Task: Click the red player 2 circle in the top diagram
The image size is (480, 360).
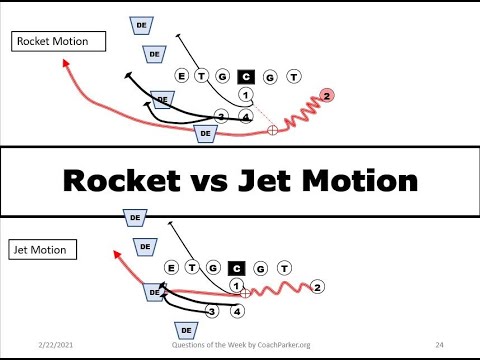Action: [328, 95]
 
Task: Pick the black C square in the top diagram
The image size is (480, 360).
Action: [246, 75]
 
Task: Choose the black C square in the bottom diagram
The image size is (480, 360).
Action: [237, 267]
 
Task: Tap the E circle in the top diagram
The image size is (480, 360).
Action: [181, 75]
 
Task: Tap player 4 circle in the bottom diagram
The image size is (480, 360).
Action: [237, 311]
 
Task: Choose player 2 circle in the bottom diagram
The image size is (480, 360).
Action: [317, 288]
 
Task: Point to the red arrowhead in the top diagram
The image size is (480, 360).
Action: [66, 62]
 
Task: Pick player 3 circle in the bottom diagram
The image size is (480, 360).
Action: [212, 311]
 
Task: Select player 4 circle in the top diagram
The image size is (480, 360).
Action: [245, 117]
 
